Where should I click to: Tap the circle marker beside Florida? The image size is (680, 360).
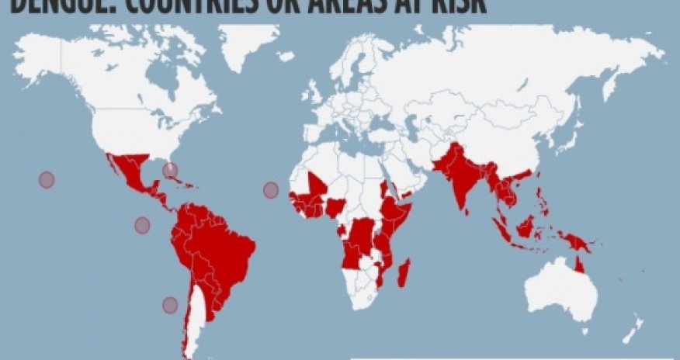click(169, 170)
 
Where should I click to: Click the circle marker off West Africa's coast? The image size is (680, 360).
click(271, 189)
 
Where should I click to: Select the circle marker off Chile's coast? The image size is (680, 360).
click(170, 305)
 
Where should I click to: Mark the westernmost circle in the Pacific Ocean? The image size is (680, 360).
click(47, 180)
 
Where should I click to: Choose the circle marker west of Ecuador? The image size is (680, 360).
click(142, 225)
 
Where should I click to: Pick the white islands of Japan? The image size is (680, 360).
click(578, 144)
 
